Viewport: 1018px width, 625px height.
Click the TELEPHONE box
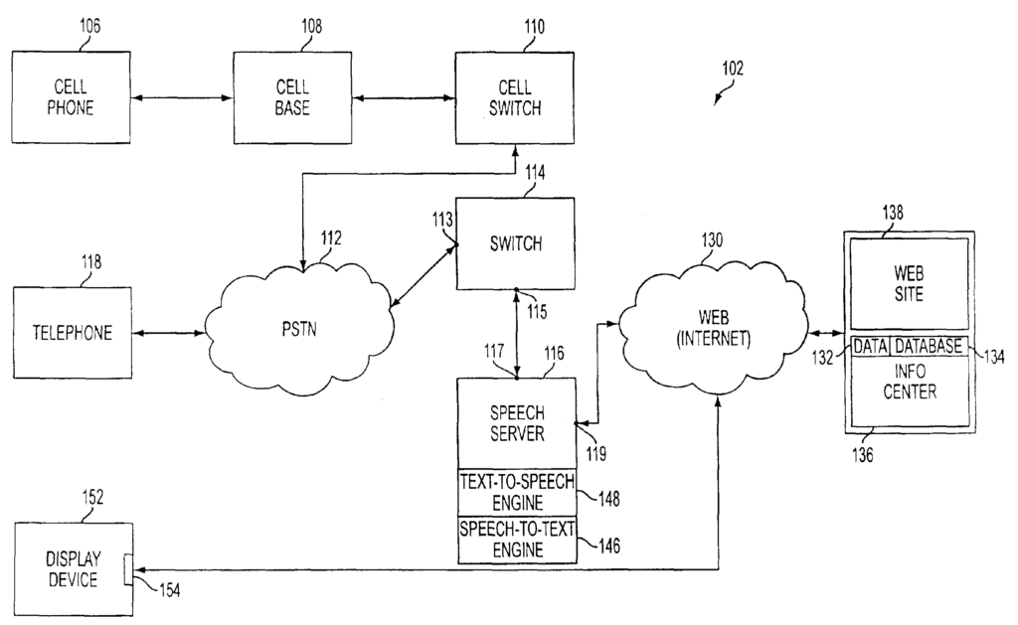[x=72, y=333]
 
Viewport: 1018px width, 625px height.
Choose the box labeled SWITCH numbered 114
[x=515, y=242]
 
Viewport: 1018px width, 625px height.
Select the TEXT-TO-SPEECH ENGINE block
[x=516, y=491]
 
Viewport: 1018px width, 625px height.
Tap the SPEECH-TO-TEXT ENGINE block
[x=516, y=539]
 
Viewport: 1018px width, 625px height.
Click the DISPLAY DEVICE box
[x=72, y=570]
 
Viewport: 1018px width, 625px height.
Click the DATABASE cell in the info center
[x=927, y=346]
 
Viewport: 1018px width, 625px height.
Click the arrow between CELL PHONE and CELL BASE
[x=181, y=98]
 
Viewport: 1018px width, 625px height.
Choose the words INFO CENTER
[x=909, y=384]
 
